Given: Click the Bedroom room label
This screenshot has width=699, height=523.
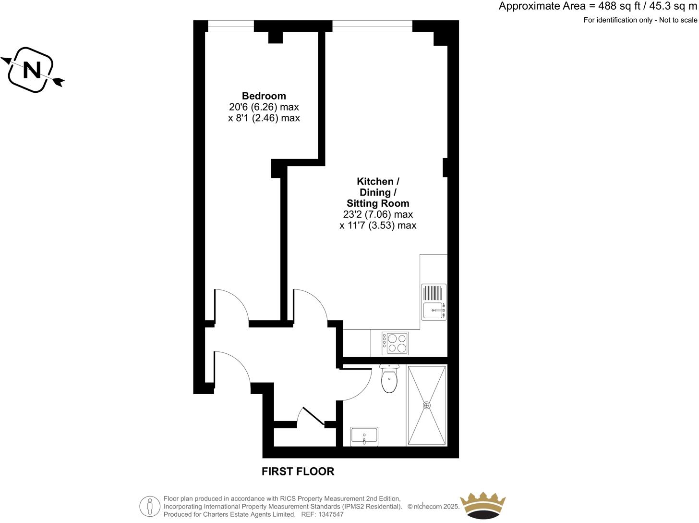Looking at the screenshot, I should [x=264, y=96].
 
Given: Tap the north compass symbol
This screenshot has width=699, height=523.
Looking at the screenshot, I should [x=32, y=70].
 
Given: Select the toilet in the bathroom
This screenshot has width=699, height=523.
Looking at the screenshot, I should [x=389, y=379].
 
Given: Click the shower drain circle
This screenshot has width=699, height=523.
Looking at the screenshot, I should [x=427, y=405].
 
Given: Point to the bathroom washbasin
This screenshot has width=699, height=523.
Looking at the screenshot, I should [x=364, y=436].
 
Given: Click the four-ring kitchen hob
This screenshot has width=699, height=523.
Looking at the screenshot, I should [x=395, y=343].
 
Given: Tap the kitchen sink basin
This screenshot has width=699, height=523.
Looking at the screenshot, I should [x=434, y=311].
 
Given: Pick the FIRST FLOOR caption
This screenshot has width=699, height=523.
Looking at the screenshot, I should [x=298, y=472].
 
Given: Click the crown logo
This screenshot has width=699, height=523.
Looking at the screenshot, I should [x=482, y=505].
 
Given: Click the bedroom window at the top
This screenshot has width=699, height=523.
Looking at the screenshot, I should [x=230, y=26].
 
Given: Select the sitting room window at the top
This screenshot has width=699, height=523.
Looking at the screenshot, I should [x=372, y=26].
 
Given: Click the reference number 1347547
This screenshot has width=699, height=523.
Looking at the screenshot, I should [x=330, y=514].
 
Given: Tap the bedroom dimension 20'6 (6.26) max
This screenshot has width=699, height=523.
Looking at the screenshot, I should [x=264, y=107].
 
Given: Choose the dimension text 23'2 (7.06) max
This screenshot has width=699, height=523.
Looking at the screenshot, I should [x=378, y=214].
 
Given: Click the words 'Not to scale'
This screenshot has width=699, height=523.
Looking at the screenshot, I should [x=678, y=20].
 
